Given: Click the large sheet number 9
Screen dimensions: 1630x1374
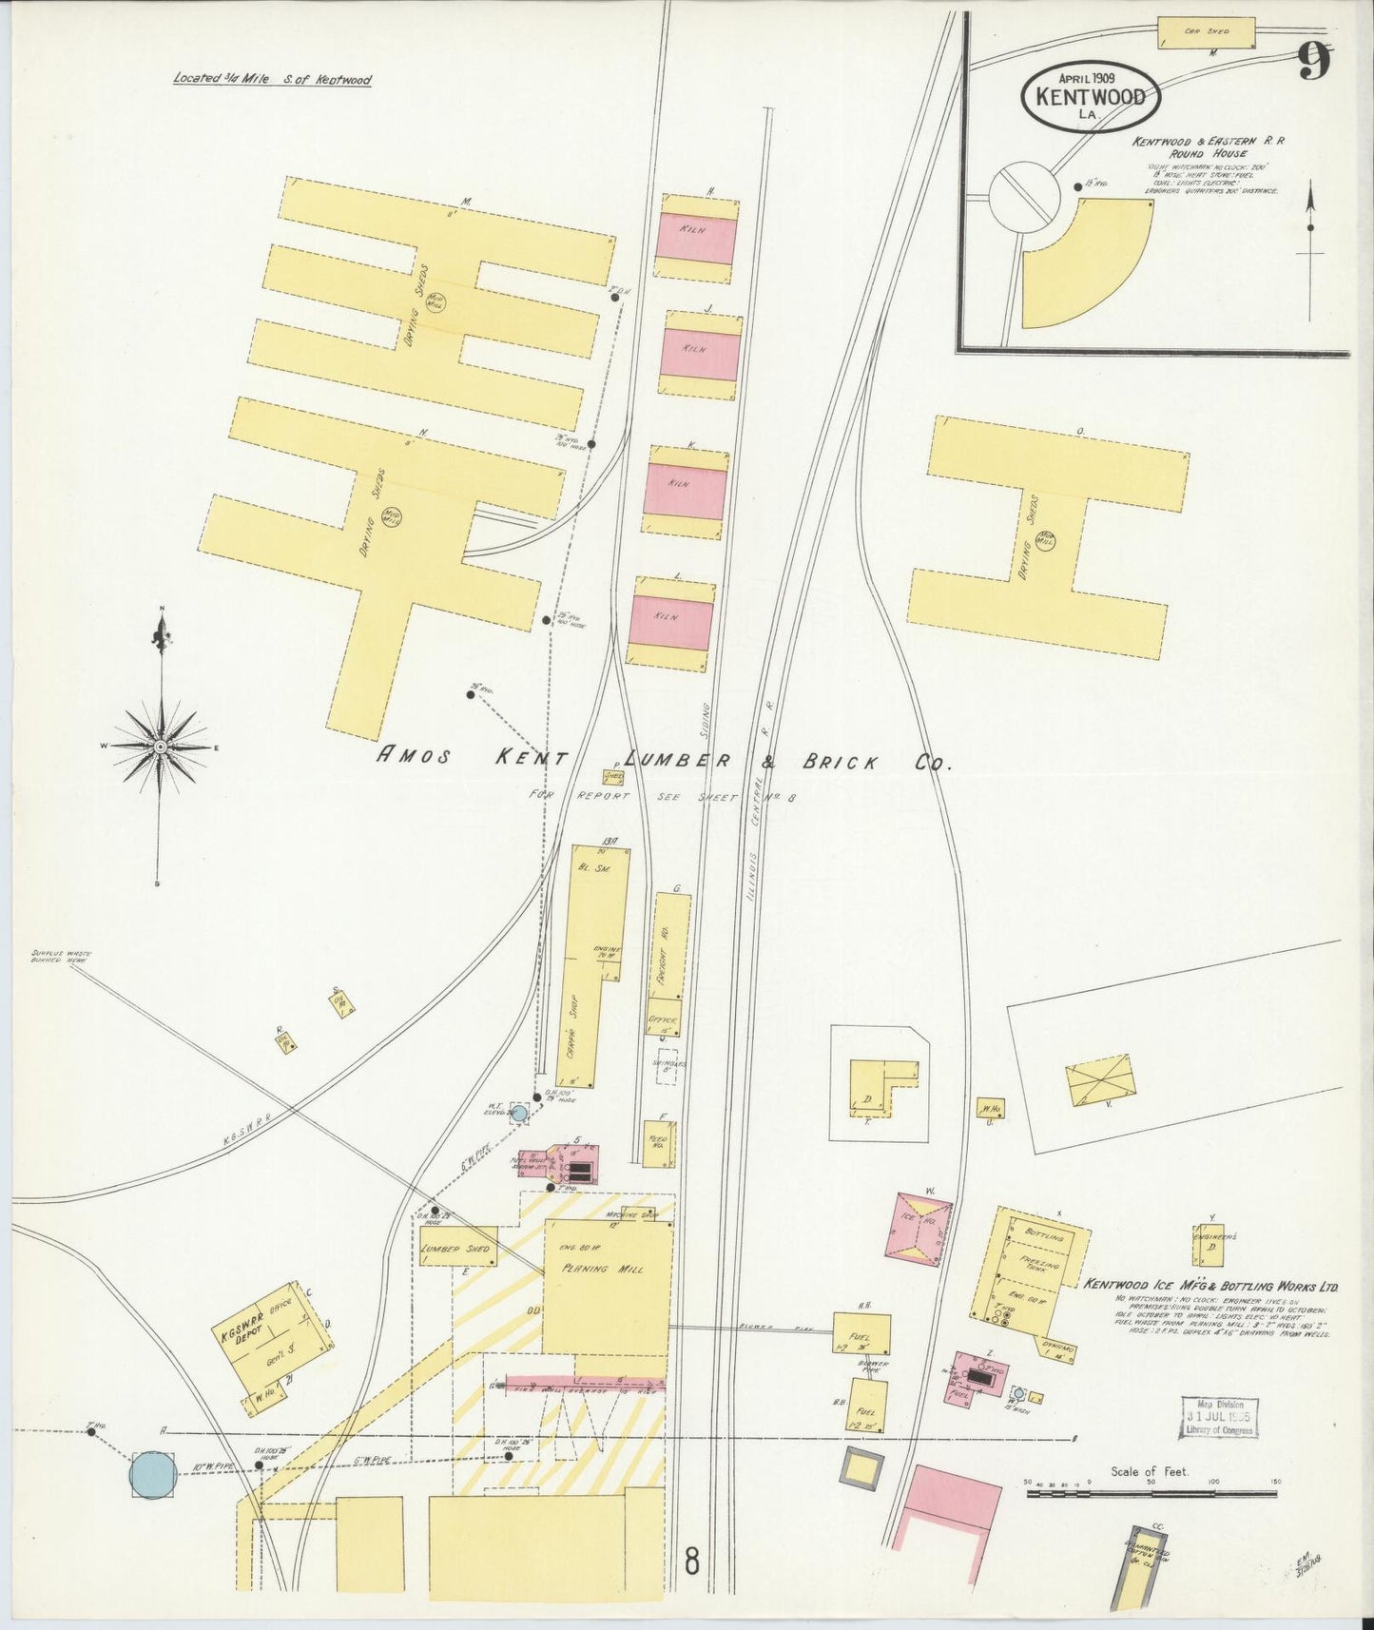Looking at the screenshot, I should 1314,64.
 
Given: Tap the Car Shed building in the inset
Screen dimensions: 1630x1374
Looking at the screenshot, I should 1206,32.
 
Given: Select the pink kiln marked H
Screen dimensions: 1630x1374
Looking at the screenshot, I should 695,240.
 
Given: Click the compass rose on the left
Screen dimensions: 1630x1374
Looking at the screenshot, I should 161,747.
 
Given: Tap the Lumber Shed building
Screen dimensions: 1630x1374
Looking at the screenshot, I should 458,1247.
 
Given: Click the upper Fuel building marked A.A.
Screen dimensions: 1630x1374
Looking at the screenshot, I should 861,1333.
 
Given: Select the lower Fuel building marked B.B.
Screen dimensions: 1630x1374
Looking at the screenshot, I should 867,1406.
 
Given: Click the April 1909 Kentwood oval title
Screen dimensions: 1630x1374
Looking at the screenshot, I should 1091,96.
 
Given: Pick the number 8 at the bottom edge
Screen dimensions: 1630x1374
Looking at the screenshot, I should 691,1561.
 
